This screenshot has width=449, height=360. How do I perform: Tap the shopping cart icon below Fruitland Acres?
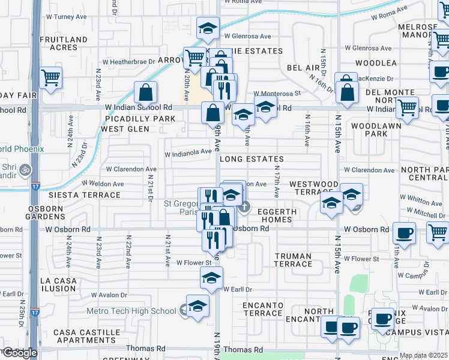[51, 77]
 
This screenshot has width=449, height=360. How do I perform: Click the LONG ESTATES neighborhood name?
[251, 160]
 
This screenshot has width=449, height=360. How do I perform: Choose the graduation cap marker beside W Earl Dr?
[211, 277]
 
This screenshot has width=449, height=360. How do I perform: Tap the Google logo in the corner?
[19, 353]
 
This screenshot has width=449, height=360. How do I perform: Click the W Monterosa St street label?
[277, 94]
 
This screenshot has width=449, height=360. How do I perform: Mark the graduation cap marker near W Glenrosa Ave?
[208, 27]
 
